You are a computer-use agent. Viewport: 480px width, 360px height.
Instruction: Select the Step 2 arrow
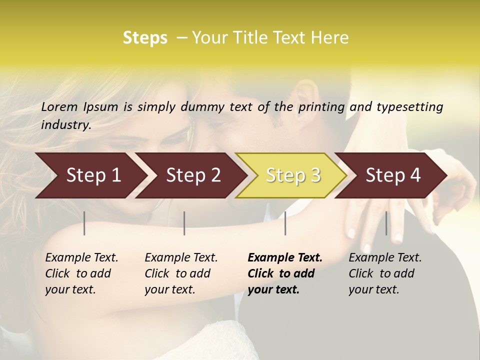[x=192, y=175]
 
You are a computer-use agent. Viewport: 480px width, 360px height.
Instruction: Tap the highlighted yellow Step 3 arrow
[x=292, y=175]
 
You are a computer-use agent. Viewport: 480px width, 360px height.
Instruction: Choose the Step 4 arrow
[x=392, y=175]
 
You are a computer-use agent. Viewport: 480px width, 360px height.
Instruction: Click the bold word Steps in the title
[x=145, y=38]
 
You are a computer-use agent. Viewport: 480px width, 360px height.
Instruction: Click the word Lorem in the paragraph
[x=59, y=106]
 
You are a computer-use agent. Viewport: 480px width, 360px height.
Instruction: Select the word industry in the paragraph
[x=66, y=124]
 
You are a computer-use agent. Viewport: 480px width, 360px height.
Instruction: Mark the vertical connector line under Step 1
[x=84, y=223]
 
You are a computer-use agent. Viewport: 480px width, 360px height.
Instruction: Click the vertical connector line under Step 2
[x=184, y=223]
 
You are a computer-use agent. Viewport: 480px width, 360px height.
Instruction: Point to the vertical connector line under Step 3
[x=285, y=223]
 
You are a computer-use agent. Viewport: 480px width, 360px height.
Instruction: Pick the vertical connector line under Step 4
[x=386, y=223]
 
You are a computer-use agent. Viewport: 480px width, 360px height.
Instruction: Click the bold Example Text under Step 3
[x=285, y=258]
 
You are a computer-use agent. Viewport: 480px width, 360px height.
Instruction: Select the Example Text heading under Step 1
[x=81, y=258]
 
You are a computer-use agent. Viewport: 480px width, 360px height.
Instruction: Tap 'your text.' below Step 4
[x=373, y=289]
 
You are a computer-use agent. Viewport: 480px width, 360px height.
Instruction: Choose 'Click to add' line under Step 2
[x=177, y=273]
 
